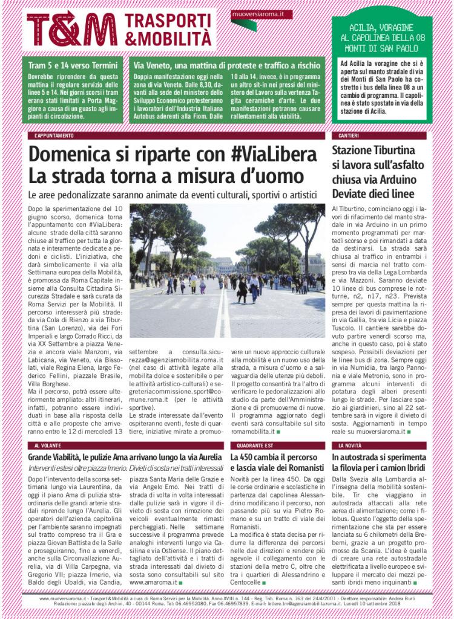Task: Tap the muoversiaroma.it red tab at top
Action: point(254,14)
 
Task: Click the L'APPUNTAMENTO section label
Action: point(54,136)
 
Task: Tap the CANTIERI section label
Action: point(350,136)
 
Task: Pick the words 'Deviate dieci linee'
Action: point(373,194)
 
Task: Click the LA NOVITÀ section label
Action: point(350,446)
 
